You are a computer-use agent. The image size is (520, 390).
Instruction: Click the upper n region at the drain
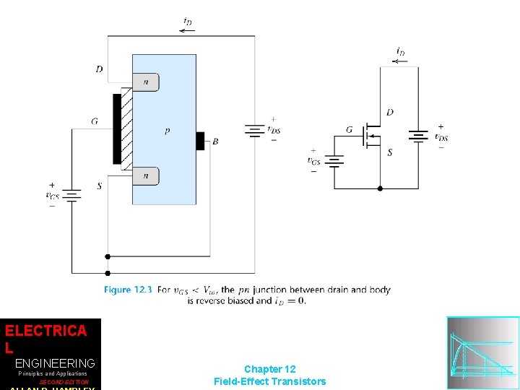pos(146,82)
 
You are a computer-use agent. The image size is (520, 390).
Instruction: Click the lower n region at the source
pos(146,175)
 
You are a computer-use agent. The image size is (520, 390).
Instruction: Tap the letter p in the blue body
pos(168,131)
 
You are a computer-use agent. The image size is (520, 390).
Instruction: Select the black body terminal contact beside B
pos(200,141)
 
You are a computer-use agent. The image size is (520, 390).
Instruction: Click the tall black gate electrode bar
pos(117,129)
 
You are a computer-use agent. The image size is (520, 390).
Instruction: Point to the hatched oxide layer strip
pos(127,129)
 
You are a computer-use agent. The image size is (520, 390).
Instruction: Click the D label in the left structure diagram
pos(99,69)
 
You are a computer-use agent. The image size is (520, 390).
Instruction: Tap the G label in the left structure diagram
pos(95,121)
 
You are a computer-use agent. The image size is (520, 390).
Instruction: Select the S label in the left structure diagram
pos(99,186)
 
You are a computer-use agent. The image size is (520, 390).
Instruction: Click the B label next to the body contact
pos(215,142)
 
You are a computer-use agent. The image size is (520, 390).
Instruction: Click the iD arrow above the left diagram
pos(186,30)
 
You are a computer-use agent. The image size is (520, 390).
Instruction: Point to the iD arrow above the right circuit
pos(399,61)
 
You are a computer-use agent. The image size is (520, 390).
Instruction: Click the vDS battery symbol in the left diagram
pos(254,131)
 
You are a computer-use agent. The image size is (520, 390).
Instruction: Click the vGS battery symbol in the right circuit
pos(334,161)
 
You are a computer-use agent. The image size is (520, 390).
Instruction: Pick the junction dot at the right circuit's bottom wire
pos(381,188)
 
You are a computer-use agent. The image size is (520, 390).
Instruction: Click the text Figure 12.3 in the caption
pos(128,290)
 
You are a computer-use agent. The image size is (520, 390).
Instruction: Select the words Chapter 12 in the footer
pos(269,369)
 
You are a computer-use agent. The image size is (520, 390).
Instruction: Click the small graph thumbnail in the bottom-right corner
pos(482,352)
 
